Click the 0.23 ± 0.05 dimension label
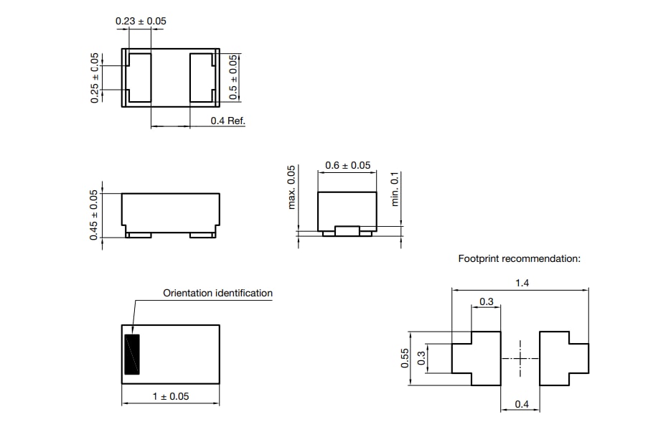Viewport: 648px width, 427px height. pos(141,22)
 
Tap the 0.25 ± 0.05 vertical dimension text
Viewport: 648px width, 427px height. pos(95,78)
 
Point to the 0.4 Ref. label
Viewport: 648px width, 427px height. pos(227,121)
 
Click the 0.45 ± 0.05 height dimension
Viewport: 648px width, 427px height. pos(95,215)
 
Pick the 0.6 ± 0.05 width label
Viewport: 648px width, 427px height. pos(347,166)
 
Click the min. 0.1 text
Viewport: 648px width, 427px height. pos(395,189)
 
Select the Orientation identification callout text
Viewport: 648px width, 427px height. pos(217,293)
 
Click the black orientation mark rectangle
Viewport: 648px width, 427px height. pos(131,354)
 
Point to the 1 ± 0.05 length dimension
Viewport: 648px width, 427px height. pos(170,396)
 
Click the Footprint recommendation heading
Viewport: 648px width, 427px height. pos(519,258)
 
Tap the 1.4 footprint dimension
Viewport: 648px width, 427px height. pos(522,283)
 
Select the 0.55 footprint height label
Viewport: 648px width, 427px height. pos(405,357)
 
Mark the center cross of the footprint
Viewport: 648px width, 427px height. pos(520,358)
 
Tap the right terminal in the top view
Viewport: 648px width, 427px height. pos(203,78)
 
